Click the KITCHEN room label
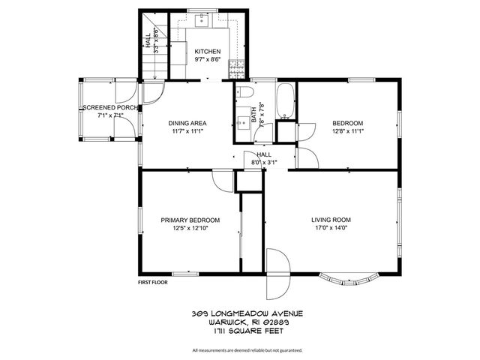(x=207, y=51)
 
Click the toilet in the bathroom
(x=244, y=94)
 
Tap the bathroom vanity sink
(x=242, y=122)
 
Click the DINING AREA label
(x=187, y=123)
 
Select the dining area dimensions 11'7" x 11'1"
(x=187, y=132)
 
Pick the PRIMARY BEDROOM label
(x=190, y=220)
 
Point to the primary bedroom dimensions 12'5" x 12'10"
(x=190, y=229)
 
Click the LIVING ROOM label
(x=331, y=220)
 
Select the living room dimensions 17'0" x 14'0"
(x=331, y=229)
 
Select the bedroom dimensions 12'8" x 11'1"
(x=347, y=132)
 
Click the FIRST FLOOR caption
(x=152, y=283)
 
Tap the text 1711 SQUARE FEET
(x=240, y=329)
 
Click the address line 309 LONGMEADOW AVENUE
(x=240, y=313)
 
